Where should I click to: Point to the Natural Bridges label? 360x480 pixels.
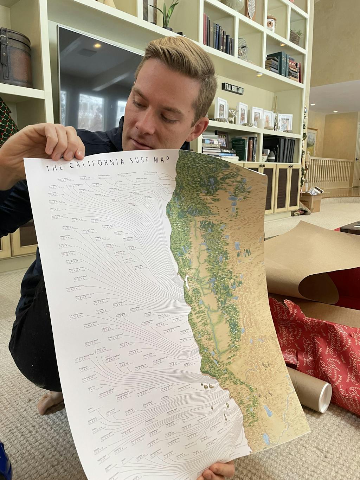tap(129, 238)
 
